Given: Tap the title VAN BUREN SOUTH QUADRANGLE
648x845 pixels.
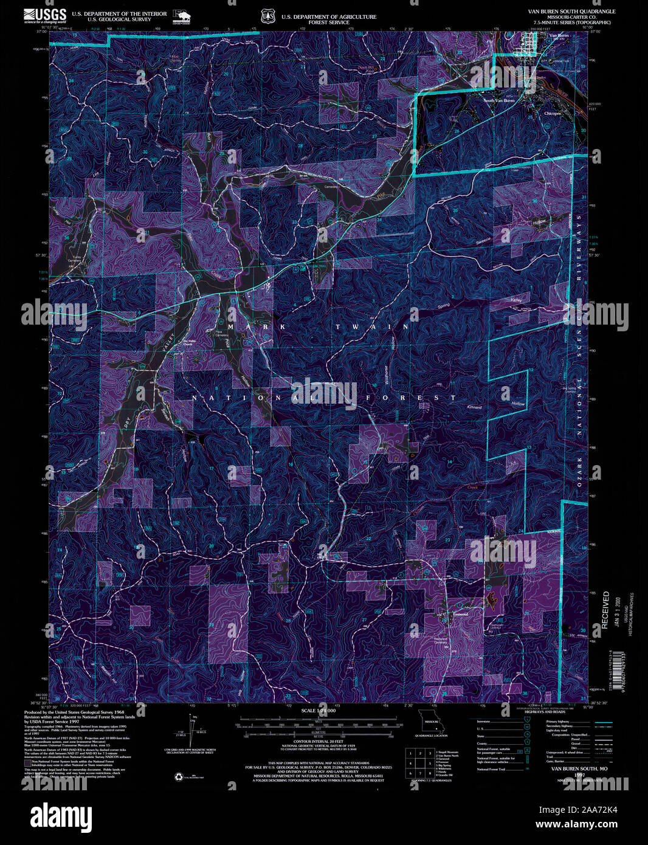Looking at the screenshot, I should point(572,12).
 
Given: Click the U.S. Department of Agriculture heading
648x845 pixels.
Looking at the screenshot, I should point(328,17).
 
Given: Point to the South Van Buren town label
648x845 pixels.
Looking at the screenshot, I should point(498,100).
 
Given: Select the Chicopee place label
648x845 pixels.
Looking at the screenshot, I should point(553,114).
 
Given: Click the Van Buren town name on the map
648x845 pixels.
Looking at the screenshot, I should point(558,36).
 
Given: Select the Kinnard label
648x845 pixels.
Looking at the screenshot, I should point(474,407).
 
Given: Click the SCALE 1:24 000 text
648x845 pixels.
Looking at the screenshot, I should point(319,711).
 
